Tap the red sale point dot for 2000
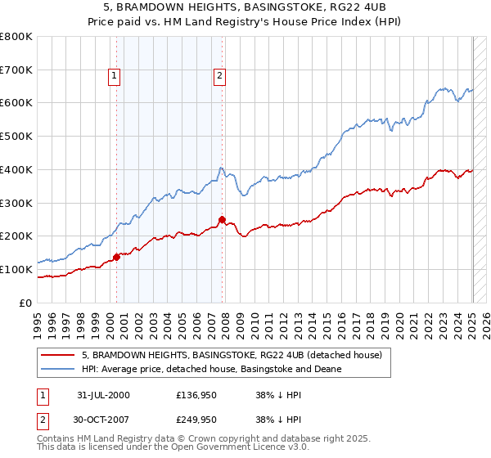[116, 257]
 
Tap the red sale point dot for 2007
[222, 219]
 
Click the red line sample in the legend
[58, 355]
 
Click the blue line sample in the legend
[58, 369]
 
